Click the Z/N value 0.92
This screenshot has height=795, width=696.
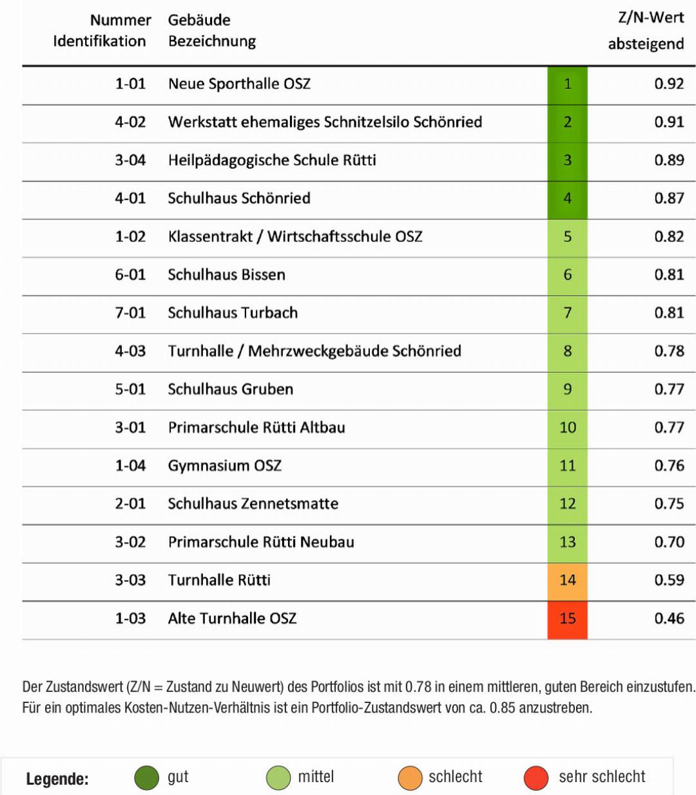(668, 84)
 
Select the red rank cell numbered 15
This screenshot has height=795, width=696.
(567, 619)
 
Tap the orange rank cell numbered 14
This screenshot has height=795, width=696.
(567, 580)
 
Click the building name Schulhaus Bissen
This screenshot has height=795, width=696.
(226, 275)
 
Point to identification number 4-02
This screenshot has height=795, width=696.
(130, 122)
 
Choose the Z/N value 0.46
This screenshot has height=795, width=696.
(668, 619)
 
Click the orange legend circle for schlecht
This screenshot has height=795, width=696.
(410, 778)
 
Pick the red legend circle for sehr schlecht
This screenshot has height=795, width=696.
(536, 778)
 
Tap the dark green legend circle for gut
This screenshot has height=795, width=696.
(146, 778)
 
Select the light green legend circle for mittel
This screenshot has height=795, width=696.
(278, 778)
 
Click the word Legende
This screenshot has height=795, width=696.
(57, 779)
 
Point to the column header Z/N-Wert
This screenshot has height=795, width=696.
(650, 18)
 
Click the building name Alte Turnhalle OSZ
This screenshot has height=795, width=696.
(232, 619)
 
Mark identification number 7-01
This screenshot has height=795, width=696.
(130, 313)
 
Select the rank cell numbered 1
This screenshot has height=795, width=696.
(567, 84)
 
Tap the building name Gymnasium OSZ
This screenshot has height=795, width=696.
(224, 465)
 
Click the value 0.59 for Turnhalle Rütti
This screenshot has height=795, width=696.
(668, 580)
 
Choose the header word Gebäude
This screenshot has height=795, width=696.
(199, 20)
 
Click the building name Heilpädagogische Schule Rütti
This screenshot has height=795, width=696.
(272, 160)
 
